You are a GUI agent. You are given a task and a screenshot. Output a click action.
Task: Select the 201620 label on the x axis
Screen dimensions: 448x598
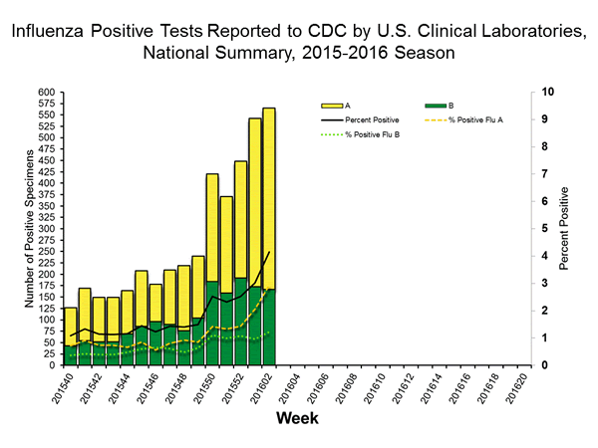[523, 386]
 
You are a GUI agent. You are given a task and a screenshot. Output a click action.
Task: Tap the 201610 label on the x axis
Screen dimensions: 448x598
[383, 386]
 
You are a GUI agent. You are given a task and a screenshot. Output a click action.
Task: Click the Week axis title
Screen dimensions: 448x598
[297, 419]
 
